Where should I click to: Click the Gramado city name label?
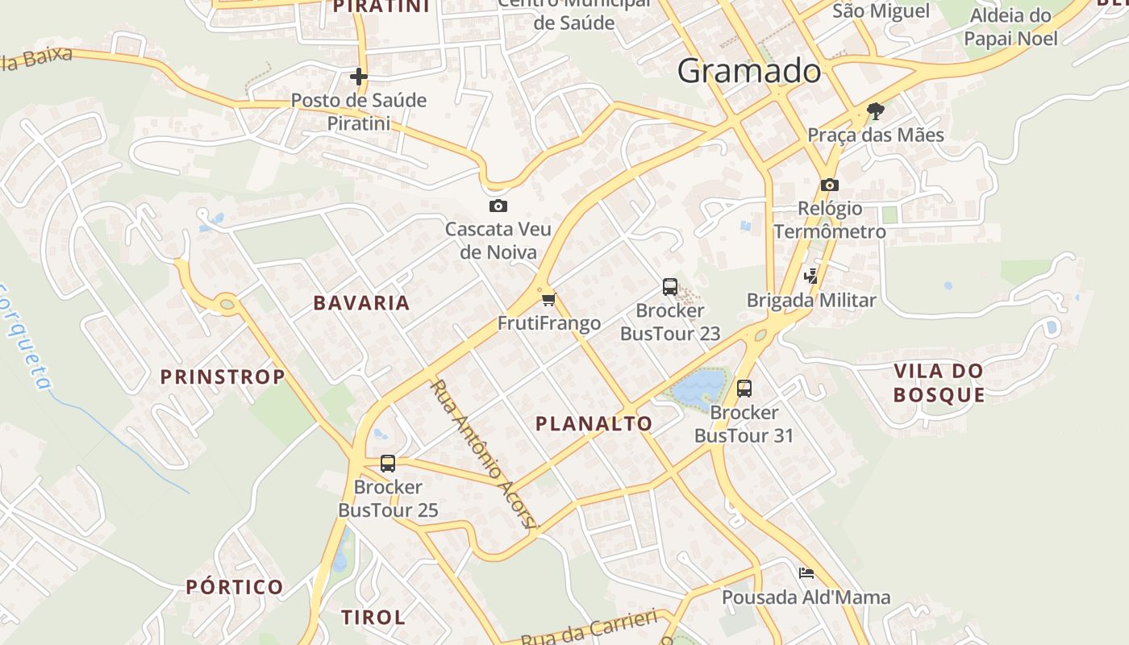click(749, 72)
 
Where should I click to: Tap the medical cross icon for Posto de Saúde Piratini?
click(359, 77)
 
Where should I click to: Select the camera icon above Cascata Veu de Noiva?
click(498, 206)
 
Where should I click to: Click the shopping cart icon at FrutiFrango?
click(549, 300)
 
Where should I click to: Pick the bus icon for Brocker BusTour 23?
click(670, 286)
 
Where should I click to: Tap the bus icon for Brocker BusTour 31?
click(744, 389)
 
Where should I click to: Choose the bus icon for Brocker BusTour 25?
click(388, 464)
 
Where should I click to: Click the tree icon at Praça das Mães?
click(876, 110)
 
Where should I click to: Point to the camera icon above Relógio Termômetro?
click(830, 185)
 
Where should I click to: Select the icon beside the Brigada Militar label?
click(811, 277)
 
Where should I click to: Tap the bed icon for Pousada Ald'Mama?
click(806, 573)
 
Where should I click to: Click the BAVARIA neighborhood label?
click(361, 303)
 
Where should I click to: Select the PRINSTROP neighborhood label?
click(223, 377)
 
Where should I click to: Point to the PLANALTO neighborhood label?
click(594, 423)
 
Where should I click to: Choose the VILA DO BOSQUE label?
click(939, 383)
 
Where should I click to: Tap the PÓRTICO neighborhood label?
click(235, 586)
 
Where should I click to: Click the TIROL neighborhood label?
click(373, 618)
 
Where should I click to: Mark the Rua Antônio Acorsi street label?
click(483, 455)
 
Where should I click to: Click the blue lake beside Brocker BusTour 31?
click(698, 386)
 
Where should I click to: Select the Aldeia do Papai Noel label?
click(1010, 27)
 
